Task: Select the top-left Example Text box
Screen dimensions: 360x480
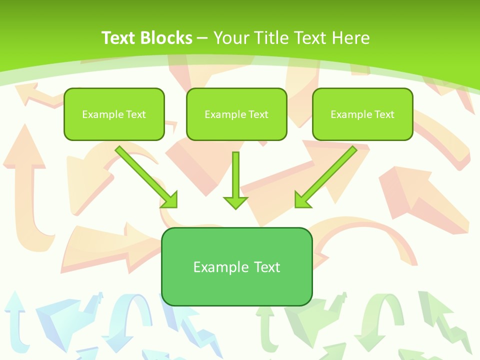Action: tap(114, 114)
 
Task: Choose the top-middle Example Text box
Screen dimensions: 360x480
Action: tap(236, 114)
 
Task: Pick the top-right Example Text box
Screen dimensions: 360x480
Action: tap(362, 114)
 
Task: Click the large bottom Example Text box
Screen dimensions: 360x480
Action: tap(236, 266)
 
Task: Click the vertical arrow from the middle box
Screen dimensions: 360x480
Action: tap(235, 175)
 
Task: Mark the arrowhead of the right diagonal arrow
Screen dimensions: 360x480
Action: tap(302, 200)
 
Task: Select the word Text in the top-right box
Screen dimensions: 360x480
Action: tap(384, 114)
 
